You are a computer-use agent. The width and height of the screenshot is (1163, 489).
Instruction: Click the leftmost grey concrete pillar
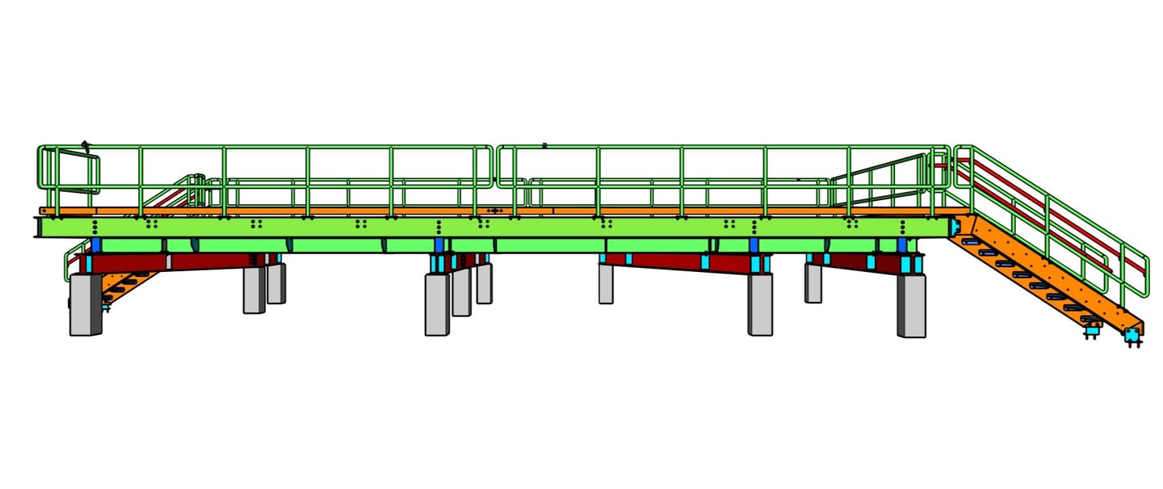(x=85, y=304)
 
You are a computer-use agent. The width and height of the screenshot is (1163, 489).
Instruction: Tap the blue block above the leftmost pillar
(x=95, y=245)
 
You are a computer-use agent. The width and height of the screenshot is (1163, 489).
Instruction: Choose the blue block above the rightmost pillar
(x=902, y=245)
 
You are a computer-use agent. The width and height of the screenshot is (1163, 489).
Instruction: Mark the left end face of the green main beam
(x=37, y=227)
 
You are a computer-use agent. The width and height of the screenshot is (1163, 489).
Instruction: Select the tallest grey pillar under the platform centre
(x=437, y=304)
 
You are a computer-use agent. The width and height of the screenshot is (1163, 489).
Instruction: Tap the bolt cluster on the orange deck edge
(x=493, y=211)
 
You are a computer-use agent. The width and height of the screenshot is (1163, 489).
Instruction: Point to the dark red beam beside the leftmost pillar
(x=129, y=263)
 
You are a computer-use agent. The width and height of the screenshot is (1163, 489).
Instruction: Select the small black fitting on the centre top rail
(x=544, y=145)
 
